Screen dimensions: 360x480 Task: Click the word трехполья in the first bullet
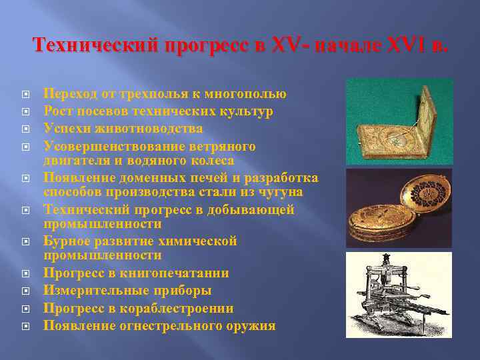pyautogui.click(x=145, y=94)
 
